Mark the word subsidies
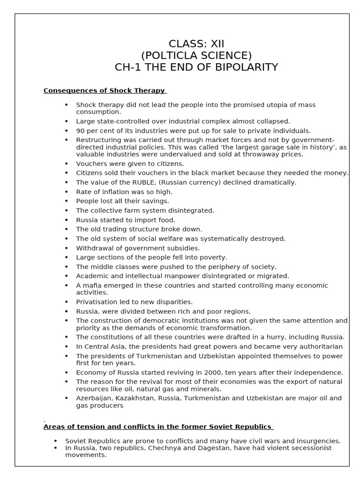point(181,248)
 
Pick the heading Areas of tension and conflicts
point(157,427)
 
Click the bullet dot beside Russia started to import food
point(66,220)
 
